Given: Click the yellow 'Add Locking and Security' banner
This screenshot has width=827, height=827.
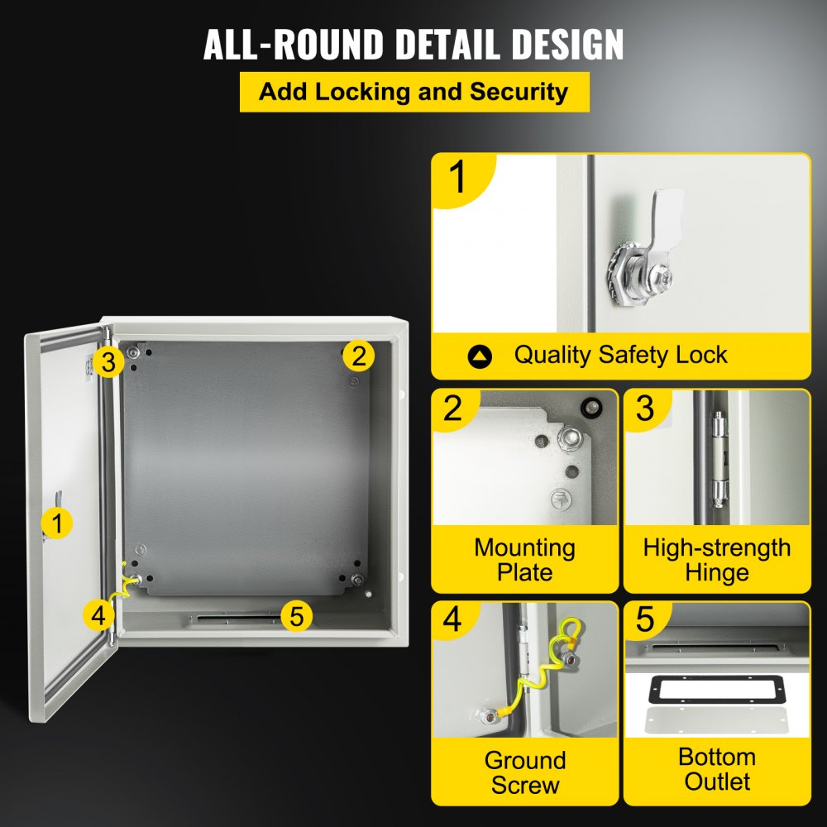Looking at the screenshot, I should (x=414, y=92).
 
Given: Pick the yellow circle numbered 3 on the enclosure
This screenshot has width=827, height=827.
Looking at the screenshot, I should (x=108, y=361).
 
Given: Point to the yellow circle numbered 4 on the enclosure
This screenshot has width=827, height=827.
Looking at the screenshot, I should (x=98, y=614).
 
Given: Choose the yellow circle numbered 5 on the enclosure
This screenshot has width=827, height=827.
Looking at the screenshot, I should (x=297, y=615).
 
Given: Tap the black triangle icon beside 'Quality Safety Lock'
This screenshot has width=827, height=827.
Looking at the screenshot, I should (x=480, y=356).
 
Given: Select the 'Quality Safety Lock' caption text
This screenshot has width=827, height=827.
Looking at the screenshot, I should (x=620, y=356).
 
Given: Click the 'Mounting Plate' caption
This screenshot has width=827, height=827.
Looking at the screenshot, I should (x=524, y=560).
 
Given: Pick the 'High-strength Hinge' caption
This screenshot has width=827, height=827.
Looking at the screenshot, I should (x=716, y=560).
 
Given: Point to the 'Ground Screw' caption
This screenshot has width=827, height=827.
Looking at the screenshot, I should (x=524, y=772).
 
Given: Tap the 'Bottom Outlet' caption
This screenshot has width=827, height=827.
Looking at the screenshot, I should (x=716, y=769).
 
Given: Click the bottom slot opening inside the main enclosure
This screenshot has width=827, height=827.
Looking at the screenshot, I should (x=236, y=618).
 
